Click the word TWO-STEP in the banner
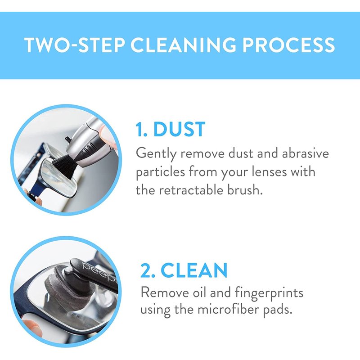[x=74, y=45]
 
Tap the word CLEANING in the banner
[x=183, y=45]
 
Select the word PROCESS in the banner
[x=288, y=45]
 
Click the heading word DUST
[x=179, y=129]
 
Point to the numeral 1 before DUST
[x=139, y=129]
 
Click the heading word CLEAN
[x=194, y=270]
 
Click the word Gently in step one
[x=156, y=154]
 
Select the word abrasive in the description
[x=306, y=153]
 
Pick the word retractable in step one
[x=191, y=190]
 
